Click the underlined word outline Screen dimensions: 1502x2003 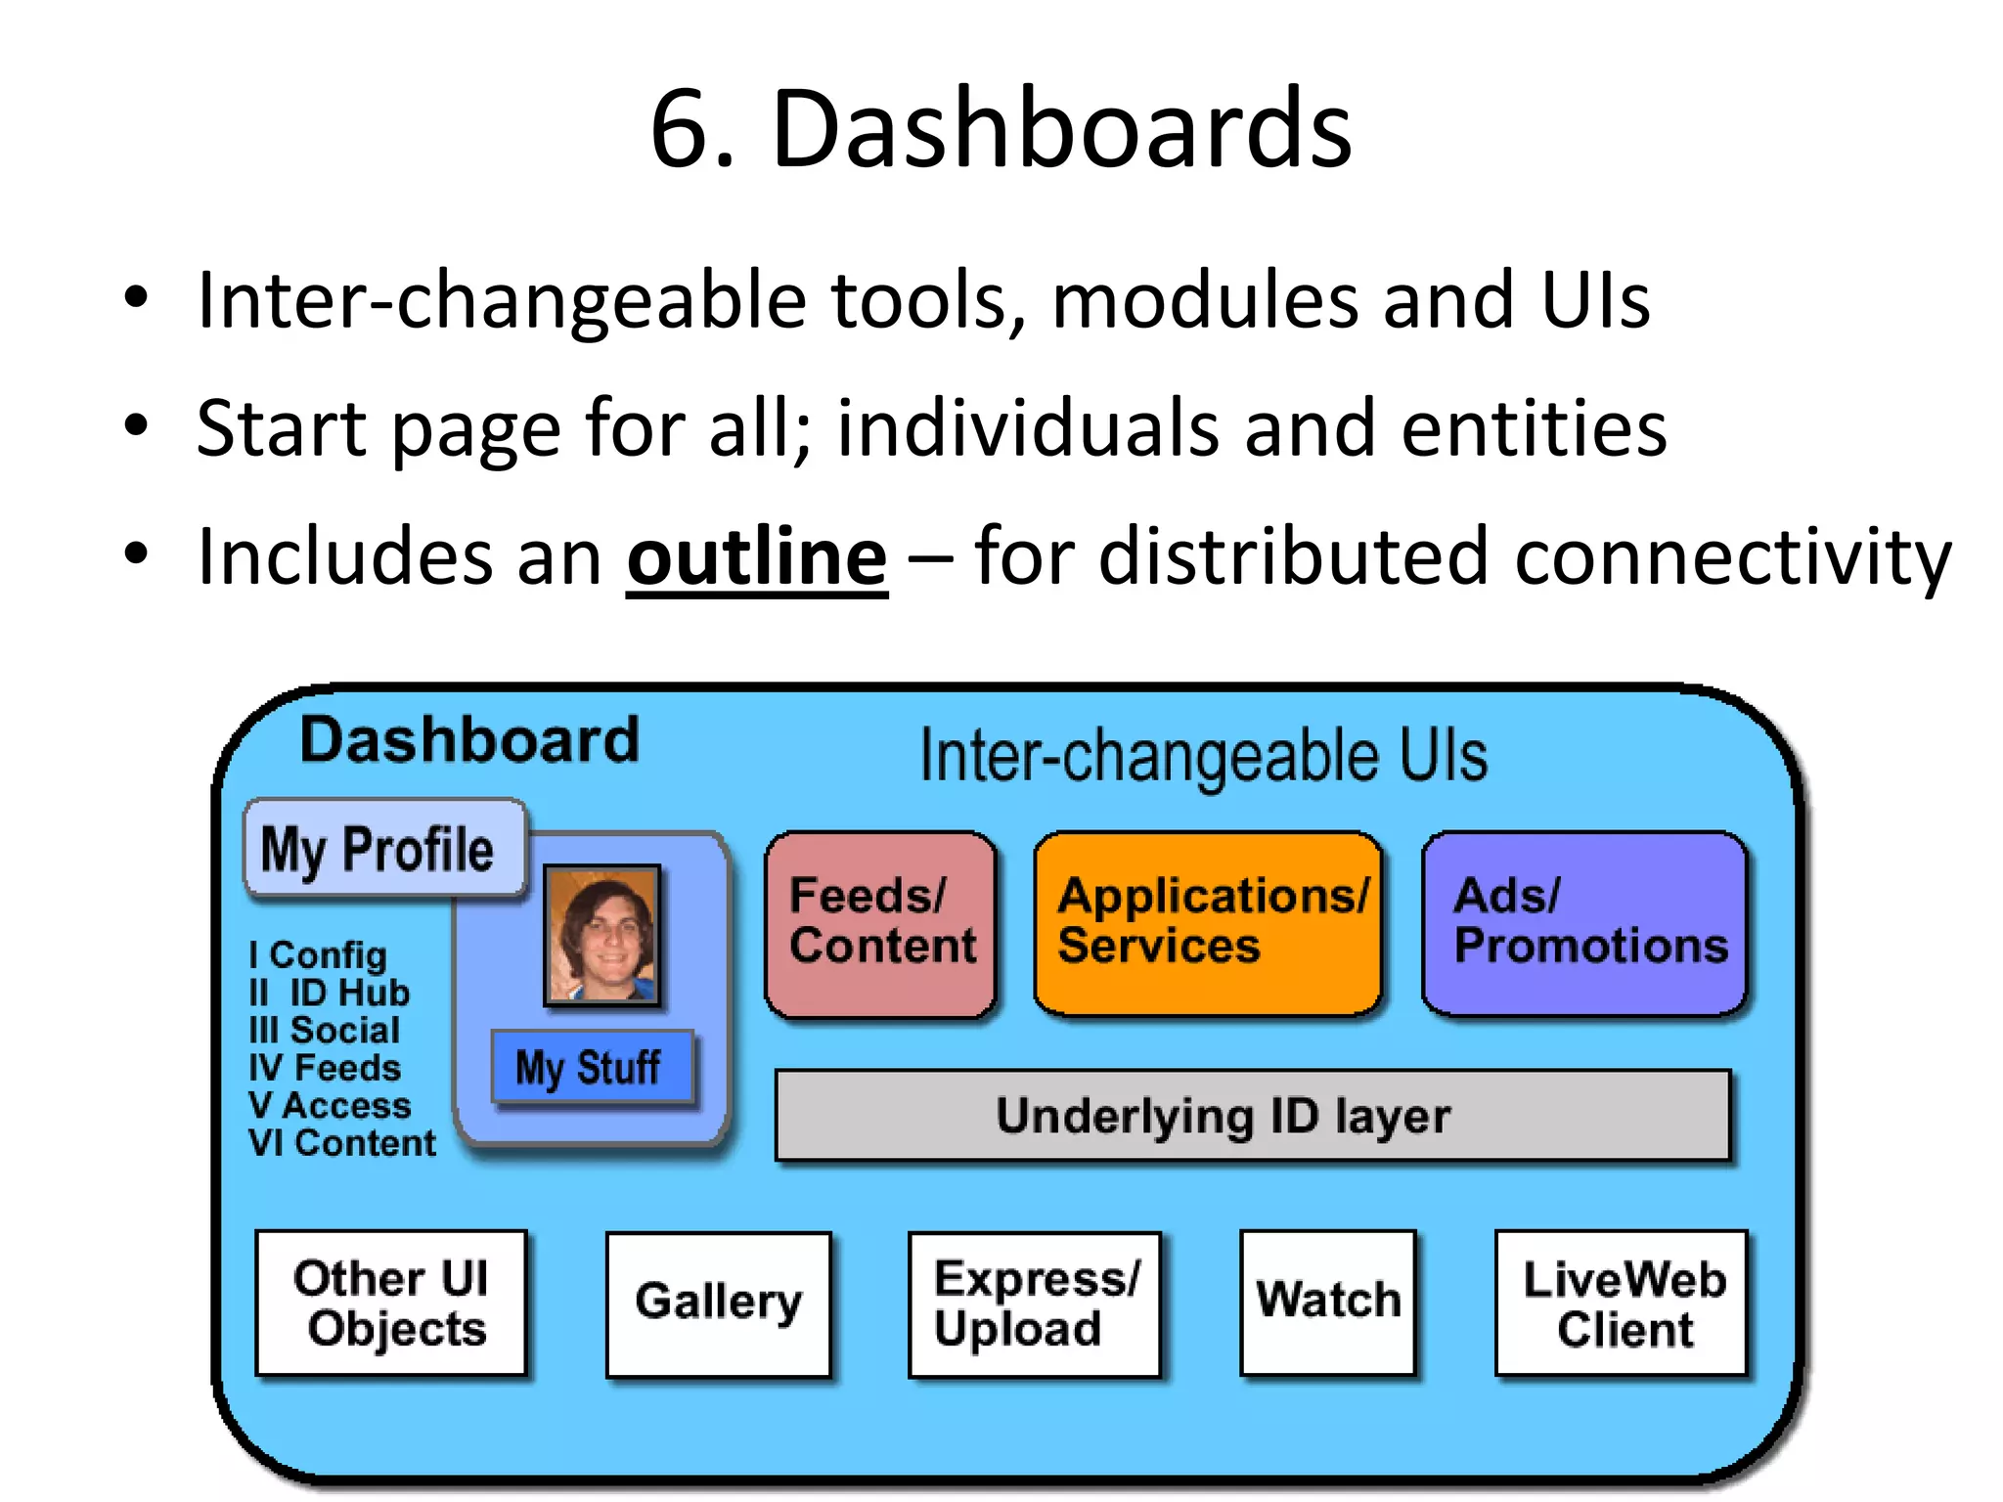pos(756,557)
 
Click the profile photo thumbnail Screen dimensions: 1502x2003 pos(602,936)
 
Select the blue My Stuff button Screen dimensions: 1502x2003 pos(592,1067)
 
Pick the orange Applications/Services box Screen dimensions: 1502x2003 pos(1208,922)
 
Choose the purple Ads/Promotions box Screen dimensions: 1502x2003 pos(1584,922)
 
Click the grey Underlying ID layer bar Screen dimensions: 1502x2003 pos(1252,1115)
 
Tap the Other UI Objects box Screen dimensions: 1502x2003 pos(391,1303)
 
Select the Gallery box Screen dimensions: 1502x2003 pos(718,1303)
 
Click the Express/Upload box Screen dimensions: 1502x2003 pos(1034,1303)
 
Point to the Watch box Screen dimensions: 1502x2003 pos(1327,1301)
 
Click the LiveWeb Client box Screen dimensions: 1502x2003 pos(1622,1303)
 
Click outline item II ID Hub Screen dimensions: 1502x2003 pos(329,993)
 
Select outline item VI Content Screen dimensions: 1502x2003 pos(341,1143)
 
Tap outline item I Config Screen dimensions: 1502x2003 pos(318,954)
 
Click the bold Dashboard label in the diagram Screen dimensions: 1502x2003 pos(469,739)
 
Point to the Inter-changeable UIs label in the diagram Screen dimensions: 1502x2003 pos(1203,756)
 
